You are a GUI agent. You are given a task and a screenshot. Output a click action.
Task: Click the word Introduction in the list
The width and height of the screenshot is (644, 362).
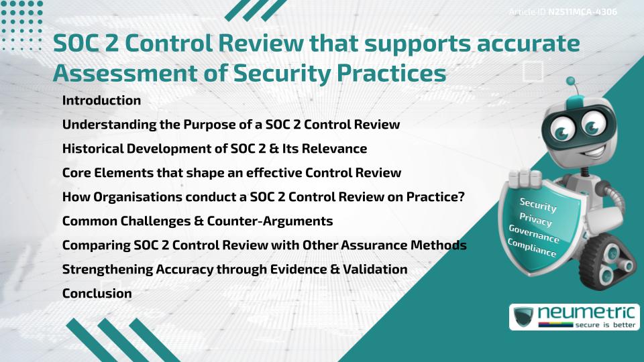pyautogui.click(x=101, y=101)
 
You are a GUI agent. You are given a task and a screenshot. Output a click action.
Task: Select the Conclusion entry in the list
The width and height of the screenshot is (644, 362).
pyautogui.click(x=97, y=293)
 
